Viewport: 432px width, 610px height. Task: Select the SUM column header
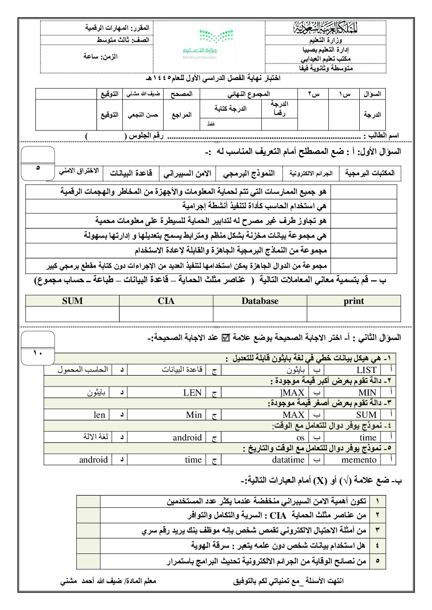[x=72, y=301]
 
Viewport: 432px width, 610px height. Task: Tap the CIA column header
[x=166, y=301]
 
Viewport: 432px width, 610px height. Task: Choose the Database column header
[x=260, y=301]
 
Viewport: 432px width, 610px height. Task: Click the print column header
[x=354, y=301]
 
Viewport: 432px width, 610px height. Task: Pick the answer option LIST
[x=366, y=370]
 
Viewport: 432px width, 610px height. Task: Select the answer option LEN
[x=192, y=393]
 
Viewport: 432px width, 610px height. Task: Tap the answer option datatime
[x=288, y=460]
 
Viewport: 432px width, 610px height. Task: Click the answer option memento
[x=359, y=460]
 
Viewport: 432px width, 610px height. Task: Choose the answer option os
[x=300, y=437]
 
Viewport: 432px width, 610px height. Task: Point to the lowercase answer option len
[x=99, y=415]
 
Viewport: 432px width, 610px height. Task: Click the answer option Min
[x=194, y=415]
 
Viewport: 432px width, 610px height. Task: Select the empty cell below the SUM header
[x=72, y=314]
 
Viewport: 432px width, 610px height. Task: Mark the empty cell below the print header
[x=354, y=314]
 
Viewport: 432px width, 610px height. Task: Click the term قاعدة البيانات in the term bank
[x=131, y=173]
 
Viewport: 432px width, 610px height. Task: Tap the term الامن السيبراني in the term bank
[x=187, y=173]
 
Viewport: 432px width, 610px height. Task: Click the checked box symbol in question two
[x=226, y=338]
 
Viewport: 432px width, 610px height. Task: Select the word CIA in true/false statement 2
[x=278, y=516]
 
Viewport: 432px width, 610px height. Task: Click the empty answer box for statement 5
[x=88, y=561]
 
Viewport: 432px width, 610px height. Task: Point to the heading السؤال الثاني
[x=379, y=338]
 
